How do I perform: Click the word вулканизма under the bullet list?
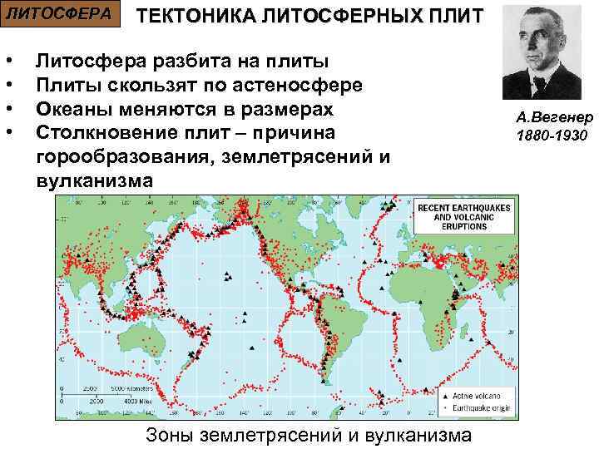point(94,180)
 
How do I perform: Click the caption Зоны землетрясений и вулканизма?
point(308,435)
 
